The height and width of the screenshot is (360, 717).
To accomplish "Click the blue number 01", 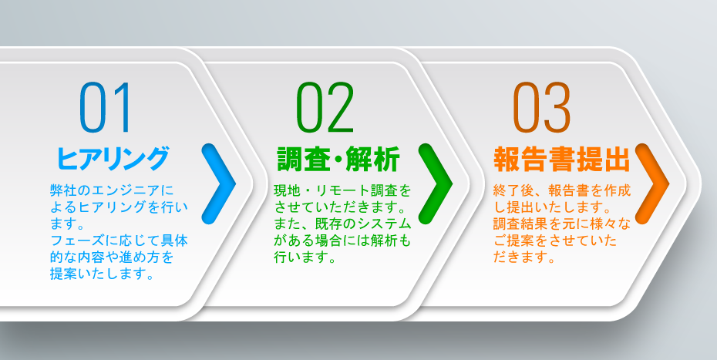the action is [105, 107].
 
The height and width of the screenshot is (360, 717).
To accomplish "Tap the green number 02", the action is [325, 107].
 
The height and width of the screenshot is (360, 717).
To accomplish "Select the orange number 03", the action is [542, 107].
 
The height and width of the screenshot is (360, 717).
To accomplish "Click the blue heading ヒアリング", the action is [113, 159].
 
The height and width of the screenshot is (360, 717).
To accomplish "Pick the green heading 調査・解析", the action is [338, 160].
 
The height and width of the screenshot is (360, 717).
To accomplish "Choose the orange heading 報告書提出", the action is [562, 160].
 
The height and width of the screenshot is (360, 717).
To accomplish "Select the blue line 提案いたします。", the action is [101, 274].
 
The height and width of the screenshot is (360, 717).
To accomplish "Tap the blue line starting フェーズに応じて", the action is [119, 241].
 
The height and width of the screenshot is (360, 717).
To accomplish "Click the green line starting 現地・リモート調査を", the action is [343, 190].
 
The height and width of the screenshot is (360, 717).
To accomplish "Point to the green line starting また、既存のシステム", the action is [343, 224].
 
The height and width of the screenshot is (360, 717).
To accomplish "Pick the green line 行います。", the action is [303, 257].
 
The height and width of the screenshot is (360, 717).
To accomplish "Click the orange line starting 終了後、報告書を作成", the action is [563, 190].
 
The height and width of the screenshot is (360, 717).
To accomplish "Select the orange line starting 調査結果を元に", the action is [563, 224].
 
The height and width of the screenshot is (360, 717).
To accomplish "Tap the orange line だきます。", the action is [525, 257].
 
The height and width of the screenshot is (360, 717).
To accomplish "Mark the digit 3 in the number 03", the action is [557, 107].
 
